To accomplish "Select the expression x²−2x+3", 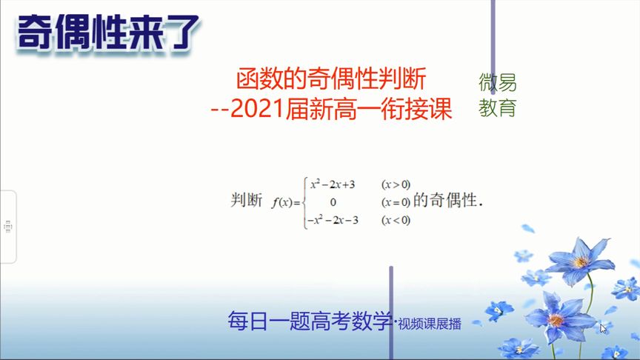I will pyautogui.click(x=333, y=184).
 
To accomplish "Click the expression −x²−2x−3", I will pyautogui.click(x=333, y=220).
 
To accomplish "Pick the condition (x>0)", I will pyautogui.click(x=396, y=184).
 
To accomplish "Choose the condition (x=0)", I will pyautogui.click(x=396, y=201).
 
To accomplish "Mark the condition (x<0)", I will pyautogui.click(x=396, y=220).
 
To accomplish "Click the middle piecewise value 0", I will pyautogui.click(x=333, y=201).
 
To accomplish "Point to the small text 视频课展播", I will pyautogui.click(x=429, y=324).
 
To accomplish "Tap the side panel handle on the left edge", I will pyautogui.click(x=7, y=226).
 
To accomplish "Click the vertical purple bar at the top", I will pyautogui.click(x=493, y=44).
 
